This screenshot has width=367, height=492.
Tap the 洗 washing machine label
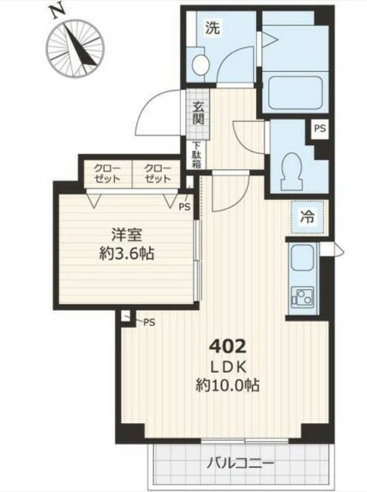point(212,28)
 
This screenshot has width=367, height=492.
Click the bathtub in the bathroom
point(295,91)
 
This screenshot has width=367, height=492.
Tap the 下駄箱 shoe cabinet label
point(196,155)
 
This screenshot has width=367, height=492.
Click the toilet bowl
point(292,170)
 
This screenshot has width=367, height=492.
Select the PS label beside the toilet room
point(320,128)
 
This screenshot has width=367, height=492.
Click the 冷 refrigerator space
point(307,218)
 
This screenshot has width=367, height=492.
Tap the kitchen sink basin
point(303,256)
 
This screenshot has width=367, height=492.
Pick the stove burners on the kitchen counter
point(303,297)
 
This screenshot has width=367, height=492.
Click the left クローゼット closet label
point(108,173)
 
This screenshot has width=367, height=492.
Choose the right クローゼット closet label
point(158,173)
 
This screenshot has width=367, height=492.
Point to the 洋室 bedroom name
point(127,235)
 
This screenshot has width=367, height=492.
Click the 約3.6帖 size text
point(127,253)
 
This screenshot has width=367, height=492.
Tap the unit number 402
point(228,347)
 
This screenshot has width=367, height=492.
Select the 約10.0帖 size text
point(228,385)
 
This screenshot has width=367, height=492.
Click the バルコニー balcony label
point(240,464)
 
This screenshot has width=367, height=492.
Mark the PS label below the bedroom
point(149,323)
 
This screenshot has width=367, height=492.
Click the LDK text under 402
point(228,367)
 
